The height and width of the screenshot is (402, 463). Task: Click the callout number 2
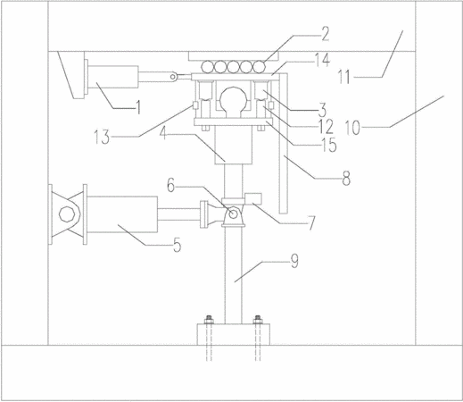point(326,34)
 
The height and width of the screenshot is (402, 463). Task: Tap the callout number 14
point(323,60)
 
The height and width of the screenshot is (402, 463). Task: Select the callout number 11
point(344,77)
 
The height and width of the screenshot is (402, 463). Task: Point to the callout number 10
point(352,128)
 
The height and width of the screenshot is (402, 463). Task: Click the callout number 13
point(102,138)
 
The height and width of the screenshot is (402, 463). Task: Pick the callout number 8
point(346,179)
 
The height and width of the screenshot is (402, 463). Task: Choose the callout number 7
point(311,223)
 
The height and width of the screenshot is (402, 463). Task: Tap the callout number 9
point(294,262)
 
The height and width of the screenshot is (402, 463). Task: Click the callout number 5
point(177,246)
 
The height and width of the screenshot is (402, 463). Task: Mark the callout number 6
point(170,186)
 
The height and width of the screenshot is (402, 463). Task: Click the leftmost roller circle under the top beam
point(207,66)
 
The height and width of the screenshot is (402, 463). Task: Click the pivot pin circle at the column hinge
point(233,214)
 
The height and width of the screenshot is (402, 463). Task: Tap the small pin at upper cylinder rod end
point(172,77)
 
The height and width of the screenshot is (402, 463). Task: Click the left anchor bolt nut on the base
point(209,321)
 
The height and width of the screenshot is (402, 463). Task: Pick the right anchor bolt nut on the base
point(258,321)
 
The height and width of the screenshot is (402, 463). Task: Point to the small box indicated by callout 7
point(253,198)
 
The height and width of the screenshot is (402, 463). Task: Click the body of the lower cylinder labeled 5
point(122,214)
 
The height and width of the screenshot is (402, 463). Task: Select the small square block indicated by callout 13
point(195,105)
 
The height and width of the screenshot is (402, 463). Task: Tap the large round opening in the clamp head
point(233,99)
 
